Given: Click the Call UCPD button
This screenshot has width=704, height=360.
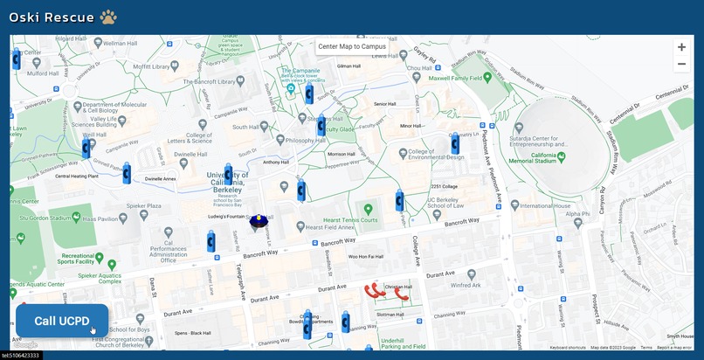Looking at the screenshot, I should pos(61,321).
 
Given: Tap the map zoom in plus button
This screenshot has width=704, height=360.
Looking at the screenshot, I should pos(681,47).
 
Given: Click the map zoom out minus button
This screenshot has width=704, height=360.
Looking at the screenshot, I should pos(681,64).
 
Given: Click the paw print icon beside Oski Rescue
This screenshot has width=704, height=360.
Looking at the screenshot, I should pos(108,17).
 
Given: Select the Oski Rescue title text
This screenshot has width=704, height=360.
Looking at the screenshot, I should pos(51,17).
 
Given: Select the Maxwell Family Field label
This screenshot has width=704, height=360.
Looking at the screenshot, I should pos(457,78).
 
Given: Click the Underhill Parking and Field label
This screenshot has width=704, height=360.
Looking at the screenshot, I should pos(403,343).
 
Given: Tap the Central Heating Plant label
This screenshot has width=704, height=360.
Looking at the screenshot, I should pos(76,176).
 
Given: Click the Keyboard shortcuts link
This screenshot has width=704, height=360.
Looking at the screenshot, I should pos(568,348).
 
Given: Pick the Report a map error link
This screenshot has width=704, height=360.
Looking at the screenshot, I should pos(674,348).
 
